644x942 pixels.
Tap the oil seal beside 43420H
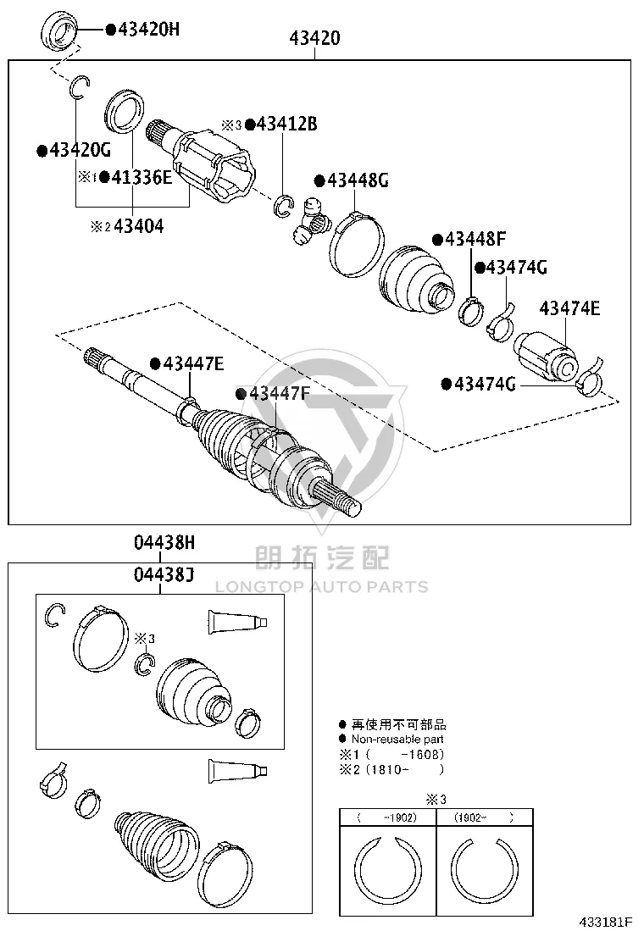pyautogui.click(x=58, y=30)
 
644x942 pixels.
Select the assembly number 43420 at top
pyautogui.click(x=314, y=38)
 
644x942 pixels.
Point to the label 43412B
pyautogui.click(x=286, y=124)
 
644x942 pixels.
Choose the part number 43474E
pyautogui.click(x=569, y=308)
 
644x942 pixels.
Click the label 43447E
pyautogui.click(x=193, y=363)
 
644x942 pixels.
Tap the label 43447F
pyautogui.click(x=280, y=394)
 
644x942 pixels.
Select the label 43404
pyautogui.click(x=139, y=226)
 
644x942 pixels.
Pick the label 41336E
pyautogui.click(x=142, y=177)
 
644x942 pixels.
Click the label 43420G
pyautogui.click(x=80, y=150)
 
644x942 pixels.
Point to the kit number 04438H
pyautogui.click(x=164, y=543)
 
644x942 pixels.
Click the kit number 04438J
pyautogui.click(x=164, y=575)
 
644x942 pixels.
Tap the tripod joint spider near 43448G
pyautogui.click(x=312, y=221)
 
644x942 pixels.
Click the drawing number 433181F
pyautogui.click(x=606, y=922)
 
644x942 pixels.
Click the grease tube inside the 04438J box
pyautogui.click(x=237, y=622)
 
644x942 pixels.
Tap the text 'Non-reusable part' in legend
pyautogui.click(x=397, y=739)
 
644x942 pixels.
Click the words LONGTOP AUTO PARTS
pyautogui.click(x=322, y=587)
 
